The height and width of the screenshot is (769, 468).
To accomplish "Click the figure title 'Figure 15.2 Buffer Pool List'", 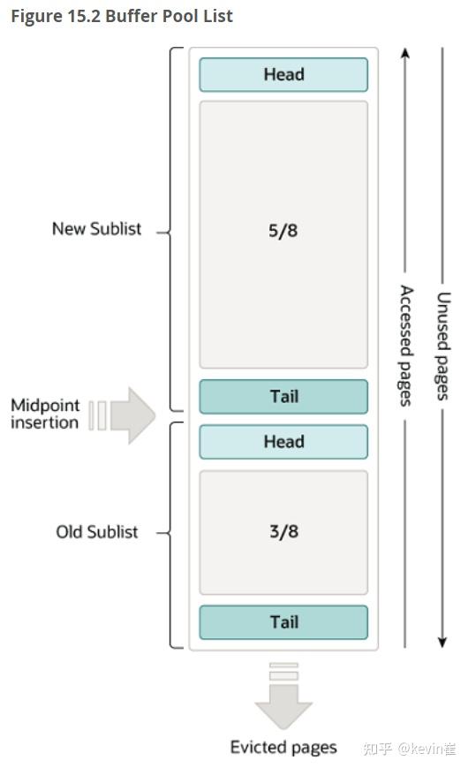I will pyautogui.click(x=122, y=17).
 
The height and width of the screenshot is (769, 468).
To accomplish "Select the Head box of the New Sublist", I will pyautogui.click(x=283, y=75).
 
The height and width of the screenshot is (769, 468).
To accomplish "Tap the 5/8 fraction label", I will pyautogui.click(x=283, y=231).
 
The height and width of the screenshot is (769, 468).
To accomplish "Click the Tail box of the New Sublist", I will pyautogui.click(x=283, y=397).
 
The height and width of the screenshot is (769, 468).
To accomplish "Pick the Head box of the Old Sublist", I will pyautogui.click(x=283, y=442).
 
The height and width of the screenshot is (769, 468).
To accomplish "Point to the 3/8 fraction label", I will pyautogui.click(x=283, y=532).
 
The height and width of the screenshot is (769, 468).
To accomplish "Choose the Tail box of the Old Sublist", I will pyautogui.click(x=283, y=622).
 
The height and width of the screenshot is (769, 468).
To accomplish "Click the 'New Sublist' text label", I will pyautogui.click(x=96, y=229).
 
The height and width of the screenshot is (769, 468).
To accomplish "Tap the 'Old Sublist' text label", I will pyautogui.click(x=97, y=532).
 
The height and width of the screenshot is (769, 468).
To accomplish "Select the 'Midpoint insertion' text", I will pyautogui.click(x=45, y=414).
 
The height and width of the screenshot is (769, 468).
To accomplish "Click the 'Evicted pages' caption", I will pyautogui.click(x=283, y=748).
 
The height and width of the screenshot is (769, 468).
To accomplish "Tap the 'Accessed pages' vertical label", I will pyautogui.click(x=406, y=345).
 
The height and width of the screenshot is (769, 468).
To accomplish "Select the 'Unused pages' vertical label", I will pyautogui.click(x=443, y=346).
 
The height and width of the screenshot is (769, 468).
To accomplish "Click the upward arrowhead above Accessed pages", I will pyautogui.click(x=405, y=53).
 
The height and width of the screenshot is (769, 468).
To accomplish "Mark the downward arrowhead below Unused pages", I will pyautogui.click(x=442, y=641).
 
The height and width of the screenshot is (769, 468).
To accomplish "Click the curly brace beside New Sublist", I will pyautogui.click(x=172, y=231).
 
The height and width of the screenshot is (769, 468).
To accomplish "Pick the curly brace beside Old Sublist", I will pyautogui.click(x=172, y=533).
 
